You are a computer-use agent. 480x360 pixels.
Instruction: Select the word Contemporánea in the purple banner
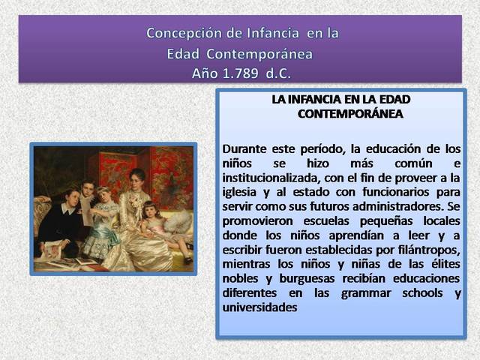[x=259, y=54]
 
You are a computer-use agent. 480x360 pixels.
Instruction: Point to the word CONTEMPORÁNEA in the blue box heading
[x=350, y=114]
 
